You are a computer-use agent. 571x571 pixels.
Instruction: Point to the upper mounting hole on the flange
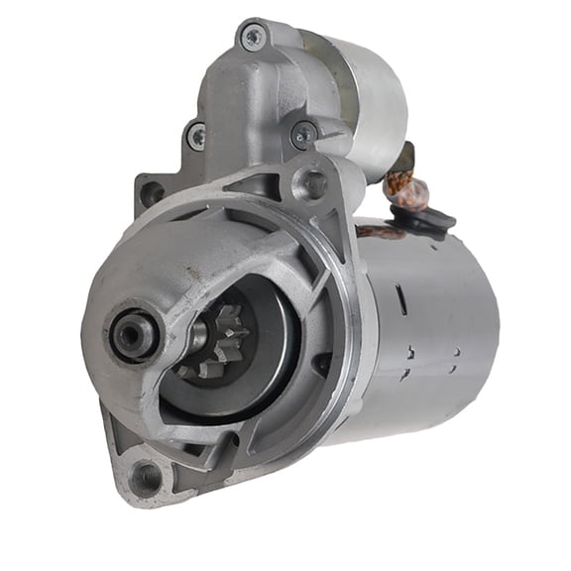point(313,182)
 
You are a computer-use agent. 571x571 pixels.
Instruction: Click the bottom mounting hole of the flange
point(145,477)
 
